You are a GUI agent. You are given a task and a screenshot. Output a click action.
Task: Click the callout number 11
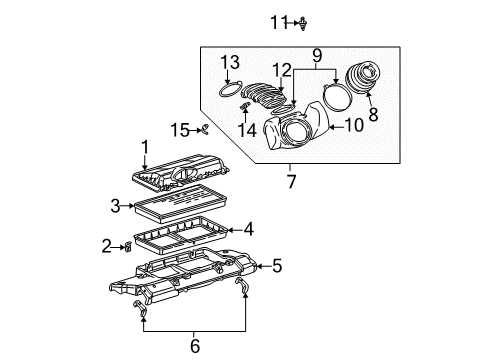pos(280,20)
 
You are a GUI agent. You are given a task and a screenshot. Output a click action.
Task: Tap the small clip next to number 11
pos(301,20)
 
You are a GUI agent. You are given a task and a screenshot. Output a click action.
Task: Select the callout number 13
pos(231,63)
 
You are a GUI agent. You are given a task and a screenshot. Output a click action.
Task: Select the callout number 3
pos(117,206)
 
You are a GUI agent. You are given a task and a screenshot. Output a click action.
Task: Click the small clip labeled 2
pos(128,246)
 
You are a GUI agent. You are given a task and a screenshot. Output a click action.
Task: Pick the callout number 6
pos(196,345)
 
